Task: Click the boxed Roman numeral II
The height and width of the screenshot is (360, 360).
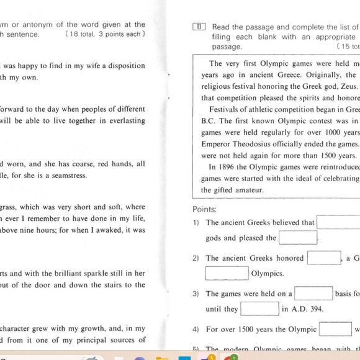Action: [x=199, y=27]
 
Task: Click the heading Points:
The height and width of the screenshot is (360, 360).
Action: [x=204, y=210]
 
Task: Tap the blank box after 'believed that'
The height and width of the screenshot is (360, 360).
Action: [x=338, y=222]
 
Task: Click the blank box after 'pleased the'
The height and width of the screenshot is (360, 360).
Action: [x=298, y=238]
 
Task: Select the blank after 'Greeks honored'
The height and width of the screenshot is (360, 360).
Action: [x=324, y=258]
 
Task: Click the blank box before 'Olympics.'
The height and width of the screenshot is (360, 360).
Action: [x=227, y=273]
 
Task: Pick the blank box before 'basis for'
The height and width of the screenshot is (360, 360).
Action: [x=313, y=294]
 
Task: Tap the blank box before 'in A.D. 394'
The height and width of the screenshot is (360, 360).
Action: [x=259, y=308]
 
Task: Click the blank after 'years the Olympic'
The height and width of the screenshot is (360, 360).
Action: [x=336, y=329]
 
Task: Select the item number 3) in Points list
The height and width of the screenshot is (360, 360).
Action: [x=196, y=294]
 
